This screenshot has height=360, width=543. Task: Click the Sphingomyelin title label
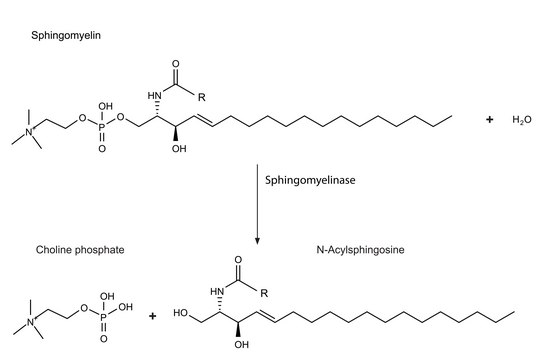click(66, 36)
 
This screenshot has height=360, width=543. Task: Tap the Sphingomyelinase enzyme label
click(310, 180)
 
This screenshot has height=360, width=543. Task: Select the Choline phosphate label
click(80, 250)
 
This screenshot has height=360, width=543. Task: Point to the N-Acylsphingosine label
click(360, 250)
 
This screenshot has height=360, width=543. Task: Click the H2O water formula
click(522, 120)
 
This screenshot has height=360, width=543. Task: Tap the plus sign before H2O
click(489, 120)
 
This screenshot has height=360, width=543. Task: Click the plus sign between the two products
click(152, 316)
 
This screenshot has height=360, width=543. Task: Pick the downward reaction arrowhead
click(257, 241)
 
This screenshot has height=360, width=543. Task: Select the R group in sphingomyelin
click(202, 97)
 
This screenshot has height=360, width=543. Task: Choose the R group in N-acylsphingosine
click(264, 294)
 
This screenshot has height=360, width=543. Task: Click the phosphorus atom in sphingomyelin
click(102, 128)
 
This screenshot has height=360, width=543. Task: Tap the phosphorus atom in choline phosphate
click(104, 317)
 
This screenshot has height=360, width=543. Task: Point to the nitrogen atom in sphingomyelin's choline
click(29, 132)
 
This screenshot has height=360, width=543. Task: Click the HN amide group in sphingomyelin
click(154, 95)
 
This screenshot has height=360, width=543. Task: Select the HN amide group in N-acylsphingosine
click(217, 292)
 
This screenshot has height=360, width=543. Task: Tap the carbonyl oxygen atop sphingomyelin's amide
click(176, 64)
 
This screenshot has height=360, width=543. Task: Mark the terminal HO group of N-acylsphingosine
click(180, 313)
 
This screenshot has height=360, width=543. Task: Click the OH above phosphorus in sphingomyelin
click(106, 106)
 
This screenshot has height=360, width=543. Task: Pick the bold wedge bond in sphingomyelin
click(176, 133)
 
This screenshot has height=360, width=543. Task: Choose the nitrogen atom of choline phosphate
click(30, 322)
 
